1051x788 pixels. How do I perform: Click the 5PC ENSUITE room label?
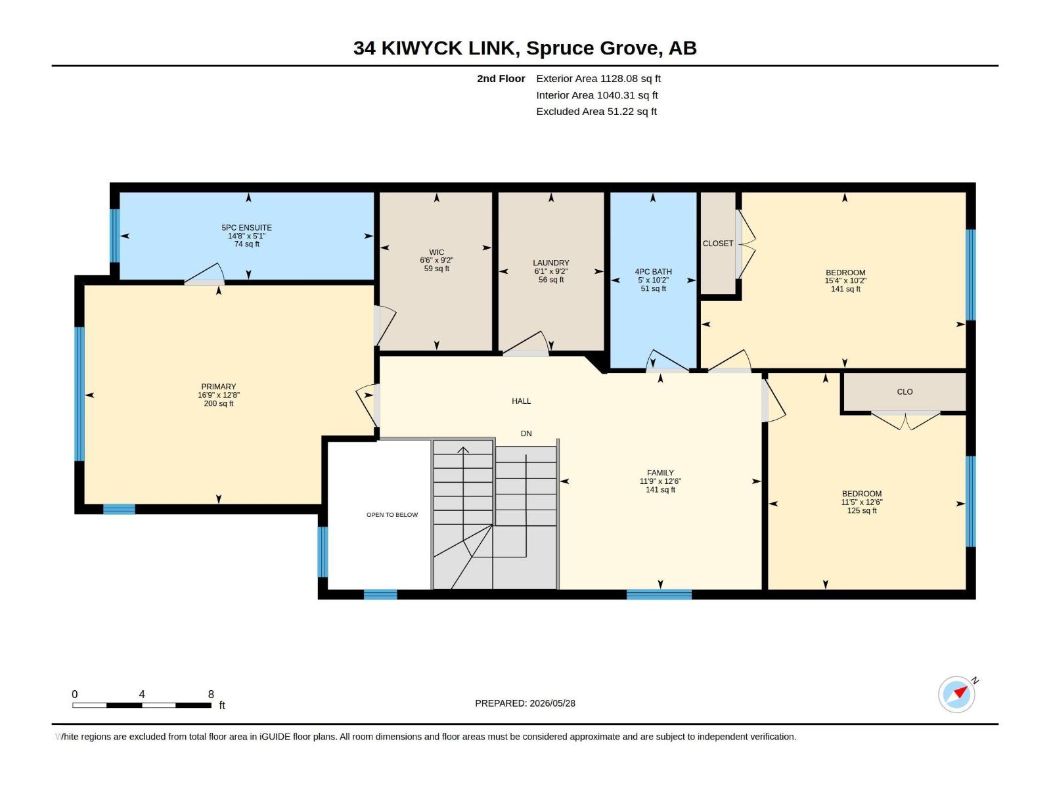pos(246,228)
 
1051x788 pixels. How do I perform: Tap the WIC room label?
pos(436,252)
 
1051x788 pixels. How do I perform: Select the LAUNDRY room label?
pos(550,263)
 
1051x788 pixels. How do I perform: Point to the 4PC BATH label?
pos(653,272)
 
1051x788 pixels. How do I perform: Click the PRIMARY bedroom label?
pos(218,387)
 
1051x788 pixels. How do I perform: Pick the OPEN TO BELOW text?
pos(392,515)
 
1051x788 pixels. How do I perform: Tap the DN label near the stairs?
pos(526,433)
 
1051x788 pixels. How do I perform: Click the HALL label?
pos(521,401)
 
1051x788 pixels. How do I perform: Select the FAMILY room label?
pos(660,473)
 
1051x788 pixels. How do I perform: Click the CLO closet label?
pos(905,392)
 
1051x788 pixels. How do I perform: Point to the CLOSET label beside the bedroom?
pos(718,244)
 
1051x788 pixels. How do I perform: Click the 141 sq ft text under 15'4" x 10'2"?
pos(845,289)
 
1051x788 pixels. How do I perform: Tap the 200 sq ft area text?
pos(218,403)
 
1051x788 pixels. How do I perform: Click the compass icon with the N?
pos(956,694)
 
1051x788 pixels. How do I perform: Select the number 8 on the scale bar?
pos(211,694)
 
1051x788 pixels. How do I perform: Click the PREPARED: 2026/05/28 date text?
pos(525,703)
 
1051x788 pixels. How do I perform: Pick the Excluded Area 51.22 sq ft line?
pos(596,112)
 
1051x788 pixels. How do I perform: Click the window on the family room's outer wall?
pos(659,595)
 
